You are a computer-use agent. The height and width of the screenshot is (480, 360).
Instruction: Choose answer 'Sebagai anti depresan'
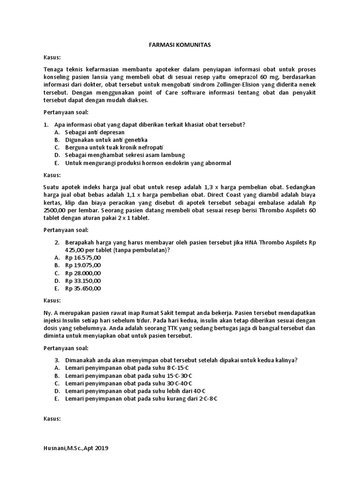[88, 132]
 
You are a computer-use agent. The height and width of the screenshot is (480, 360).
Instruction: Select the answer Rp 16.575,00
[83, 258]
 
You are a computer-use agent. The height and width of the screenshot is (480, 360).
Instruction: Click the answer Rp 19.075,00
[83, 265]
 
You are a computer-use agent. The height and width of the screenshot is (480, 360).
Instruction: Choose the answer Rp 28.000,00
[83, 273]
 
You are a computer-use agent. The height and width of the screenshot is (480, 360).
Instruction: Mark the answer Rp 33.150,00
[83, 281]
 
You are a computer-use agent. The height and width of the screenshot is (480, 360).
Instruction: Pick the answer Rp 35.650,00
[83, 288]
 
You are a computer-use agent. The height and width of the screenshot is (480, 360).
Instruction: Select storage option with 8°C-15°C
[136, 368]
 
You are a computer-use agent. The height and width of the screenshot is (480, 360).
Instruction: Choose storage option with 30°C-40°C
[136, 383]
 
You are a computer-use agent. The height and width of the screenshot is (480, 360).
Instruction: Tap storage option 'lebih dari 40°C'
[136, 391]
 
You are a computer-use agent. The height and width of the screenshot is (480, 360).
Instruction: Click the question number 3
[56, 360]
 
